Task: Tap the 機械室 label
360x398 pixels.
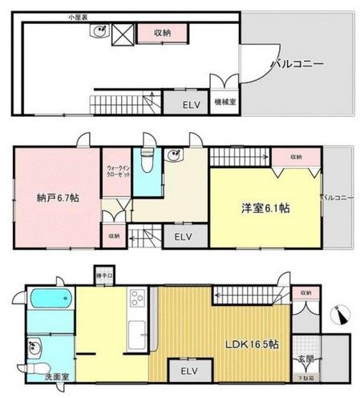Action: point(223,103)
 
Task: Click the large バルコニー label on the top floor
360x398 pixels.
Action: point(296,62)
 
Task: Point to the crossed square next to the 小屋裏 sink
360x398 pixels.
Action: point(122,34)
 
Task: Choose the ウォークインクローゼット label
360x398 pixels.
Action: point(115,169)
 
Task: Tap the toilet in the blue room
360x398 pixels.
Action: point(145,163)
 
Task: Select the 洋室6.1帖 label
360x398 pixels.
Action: point(265,207)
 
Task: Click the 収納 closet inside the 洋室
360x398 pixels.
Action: point(295,157)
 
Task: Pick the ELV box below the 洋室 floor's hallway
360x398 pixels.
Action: point(184,236)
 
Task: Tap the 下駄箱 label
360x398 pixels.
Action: point(307,376)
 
